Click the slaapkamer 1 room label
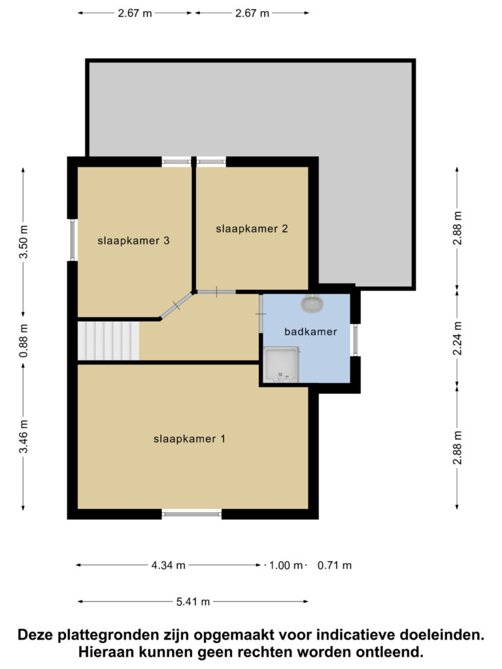click(189, 438)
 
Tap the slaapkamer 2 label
click(252, 229)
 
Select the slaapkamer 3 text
click(133, 240)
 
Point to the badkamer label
click(310, 331)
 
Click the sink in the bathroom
click(312, 303)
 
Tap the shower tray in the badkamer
click(281, 365)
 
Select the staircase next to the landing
click(109, 341)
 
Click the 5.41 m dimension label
click(193, 602)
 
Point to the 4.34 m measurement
click(168, 565)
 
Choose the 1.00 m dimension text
click(286, 565)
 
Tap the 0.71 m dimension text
click(335, 565)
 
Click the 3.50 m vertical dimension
click(24, 242)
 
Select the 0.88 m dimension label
click(24, 340)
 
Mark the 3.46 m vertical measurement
click(24, 436)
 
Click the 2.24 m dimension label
click(458, 338)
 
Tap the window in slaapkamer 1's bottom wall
click(192, 514)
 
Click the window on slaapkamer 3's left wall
click(72, 240)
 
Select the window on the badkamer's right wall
click(355, 340)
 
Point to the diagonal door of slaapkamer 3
click(176, 306)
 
